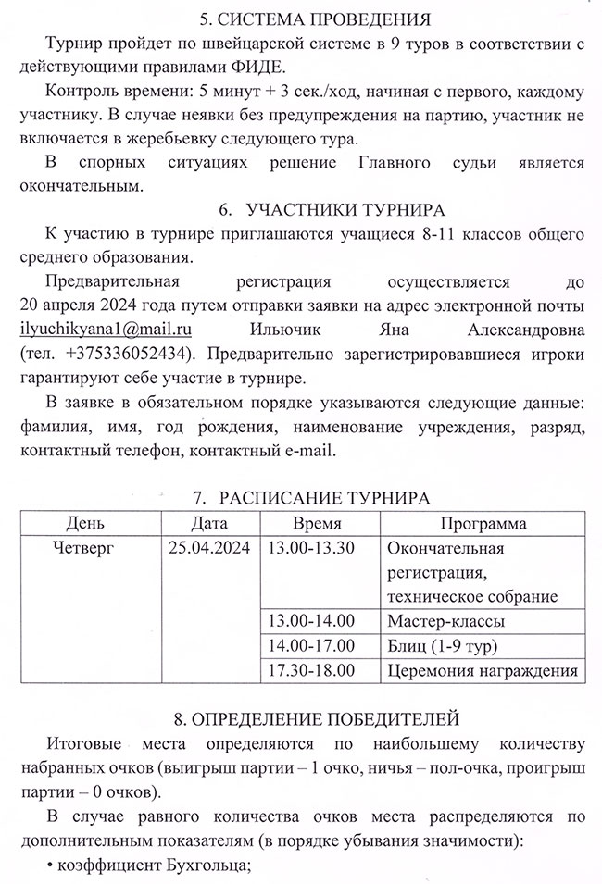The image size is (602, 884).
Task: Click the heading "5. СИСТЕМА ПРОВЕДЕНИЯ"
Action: pyautogui.click(x=300, y=18)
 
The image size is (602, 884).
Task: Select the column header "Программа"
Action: pyautogui.click(x=483, y=524)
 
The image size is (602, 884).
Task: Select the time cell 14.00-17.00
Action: pyautogui.click(x=310, y=645)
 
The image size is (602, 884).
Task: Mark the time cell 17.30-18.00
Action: pyautogui.click(x=310, y=669)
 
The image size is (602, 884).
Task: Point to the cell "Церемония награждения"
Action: pyautogui.click(x=482, y=669)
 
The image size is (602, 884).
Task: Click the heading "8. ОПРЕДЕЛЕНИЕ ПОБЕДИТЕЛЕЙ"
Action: pyautogui.click(x=300, y=718)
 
